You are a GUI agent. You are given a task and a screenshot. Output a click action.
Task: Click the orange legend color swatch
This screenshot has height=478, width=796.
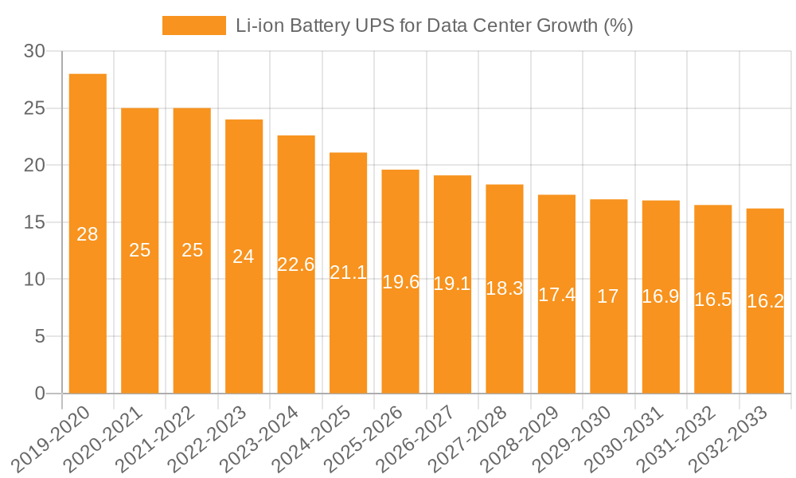point(194,25)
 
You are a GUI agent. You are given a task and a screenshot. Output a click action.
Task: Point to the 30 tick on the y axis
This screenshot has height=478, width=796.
point(34,52)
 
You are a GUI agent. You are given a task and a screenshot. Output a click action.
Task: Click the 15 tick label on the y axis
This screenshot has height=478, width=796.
point(34,222)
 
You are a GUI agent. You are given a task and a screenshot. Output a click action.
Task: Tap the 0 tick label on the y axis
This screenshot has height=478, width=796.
point(41,394)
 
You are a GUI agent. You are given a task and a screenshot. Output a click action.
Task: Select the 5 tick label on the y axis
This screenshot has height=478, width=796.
point(41,336)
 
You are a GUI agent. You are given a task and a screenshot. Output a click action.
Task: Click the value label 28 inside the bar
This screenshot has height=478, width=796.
point(88,234)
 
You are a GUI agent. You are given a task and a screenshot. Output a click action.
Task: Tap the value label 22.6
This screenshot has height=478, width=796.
point(296,264)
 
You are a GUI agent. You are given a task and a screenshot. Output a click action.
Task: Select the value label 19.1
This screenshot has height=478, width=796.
point(452,284)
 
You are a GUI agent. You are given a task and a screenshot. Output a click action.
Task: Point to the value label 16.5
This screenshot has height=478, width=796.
point(713,300)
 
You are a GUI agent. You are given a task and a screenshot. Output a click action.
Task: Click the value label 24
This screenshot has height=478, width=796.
point(244,257)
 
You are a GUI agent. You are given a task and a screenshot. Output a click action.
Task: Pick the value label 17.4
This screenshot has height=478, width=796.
point(556,295)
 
